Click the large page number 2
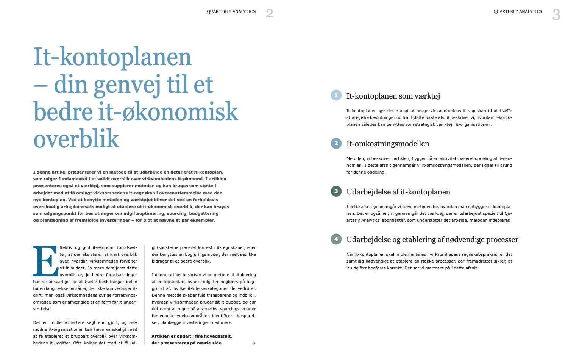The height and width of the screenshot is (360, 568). point(270,14)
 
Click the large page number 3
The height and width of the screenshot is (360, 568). point(556,15)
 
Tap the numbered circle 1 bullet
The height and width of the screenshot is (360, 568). point(336,95)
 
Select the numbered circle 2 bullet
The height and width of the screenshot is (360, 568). point(336,144)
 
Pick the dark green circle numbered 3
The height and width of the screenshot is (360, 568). point(336,191)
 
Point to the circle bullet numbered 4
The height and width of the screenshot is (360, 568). point(336,239)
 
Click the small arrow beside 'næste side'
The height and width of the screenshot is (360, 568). point(254,343)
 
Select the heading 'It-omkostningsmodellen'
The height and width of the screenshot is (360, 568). point(388,144)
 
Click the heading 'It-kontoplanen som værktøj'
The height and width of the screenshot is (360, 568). point(393,96)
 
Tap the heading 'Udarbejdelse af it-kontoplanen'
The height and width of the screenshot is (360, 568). point(398,192)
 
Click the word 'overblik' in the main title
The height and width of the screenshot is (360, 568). point(76,139)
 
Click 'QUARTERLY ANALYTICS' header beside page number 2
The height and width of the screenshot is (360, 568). point(231,12)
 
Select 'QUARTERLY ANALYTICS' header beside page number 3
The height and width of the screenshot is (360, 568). point(518,12)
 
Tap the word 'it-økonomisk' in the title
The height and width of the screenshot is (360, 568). point(168,112)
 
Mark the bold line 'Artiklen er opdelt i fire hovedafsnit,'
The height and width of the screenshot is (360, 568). point(192,336)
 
